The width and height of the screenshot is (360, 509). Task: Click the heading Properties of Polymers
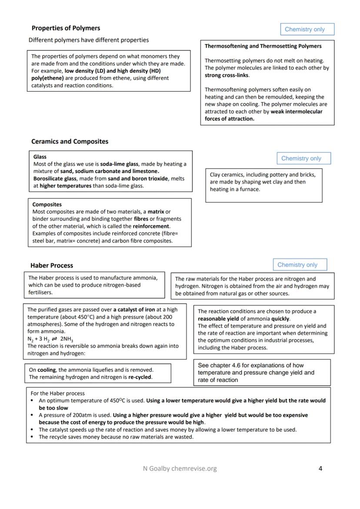point(66,28)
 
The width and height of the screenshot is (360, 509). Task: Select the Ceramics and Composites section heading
point(70,142)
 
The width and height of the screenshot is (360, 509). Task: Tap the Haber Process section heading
point(52,266)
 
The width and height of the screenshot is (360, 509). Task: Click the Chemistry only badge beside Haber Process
point(300,265)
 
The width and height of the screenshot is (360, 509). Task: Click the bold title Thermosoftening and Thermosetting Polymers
point(263,46)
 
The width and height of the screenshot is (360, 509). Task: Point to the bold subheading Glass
point(40,157)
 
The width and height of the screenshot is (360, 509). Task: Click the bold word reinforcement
point(151,226)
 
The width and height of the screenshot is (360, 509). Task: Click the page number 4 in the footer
point(320,469)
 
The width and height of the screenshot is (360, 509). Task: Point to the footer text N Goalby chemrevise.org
point(180,469)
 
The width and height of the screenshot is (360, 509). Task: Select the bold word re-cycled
point(140,377)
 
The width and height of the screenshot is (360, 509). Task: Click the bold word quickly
point(280,319)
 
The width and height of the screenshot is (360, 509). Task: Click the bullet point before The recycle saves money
point(33,437)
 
